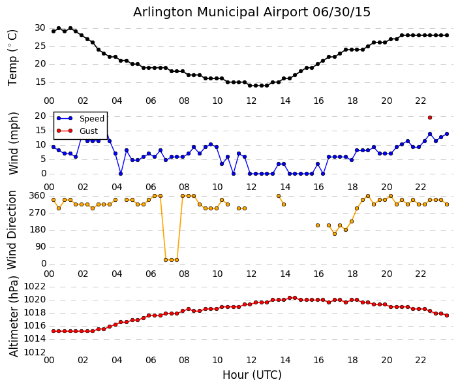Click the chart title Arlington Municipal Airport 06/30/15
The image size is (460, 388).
[252, 12]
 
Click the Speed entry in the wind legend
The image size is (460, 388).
[91, 119]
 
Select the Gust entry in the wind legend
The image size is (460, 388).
[88, 131]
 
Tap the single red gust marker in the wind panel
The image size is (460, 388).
[429, 118]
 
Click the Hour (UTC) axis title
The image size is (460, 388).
[252, 376]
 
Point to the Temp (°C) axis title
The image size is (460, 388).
[13, 57]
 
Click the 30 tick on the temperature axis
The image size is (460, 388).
[40, 28]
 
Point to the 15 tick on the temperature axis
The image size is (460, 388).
[40, 82]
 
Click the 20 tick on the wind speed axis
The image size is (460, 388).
[40, 116]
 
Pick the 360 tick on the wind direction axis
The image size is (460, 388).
[37, 196]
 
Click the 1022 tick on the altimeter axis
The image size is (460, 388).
[35, 287]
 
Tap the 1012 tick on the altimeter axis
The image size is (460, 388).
[35, 352]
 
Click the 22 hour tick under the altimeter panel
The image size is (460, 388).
[421, 360]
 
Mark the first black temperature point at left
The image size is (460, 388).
[54, 31]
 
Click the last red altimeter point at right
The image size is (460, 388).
[446, 315]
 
